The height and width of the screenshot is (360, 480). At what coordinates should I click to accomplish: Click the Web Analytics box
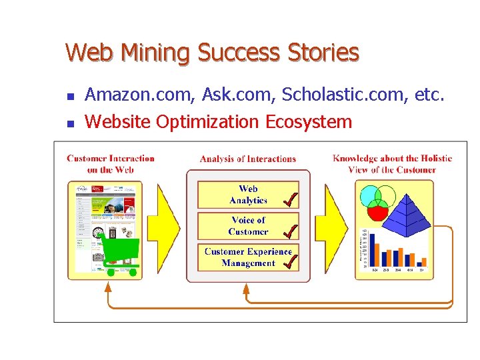[x=248, y=195]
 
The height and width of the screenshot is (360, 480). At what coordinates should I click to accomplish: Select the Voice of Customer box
[x=248, y=226]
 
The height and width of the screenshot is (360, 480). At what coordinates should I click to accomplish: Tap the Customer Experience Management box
[x=248, y=257]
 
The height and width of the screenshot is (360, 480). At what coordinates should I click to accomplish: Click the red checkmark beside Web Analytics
[x=290, y=198]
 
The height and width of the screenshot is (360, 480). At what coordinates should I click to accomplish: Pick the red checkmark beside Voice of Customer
[x=290, y=231]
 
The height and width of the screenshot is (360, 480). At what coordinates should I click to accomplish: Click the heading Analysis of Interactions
[x=247, y=159]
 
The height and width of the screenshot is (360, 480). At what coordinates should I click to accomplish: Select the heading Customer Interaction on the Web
[x=111, y=164]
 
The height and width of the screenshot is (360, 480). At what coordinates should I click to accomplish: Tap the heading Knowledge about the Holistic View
[x=392, y=164]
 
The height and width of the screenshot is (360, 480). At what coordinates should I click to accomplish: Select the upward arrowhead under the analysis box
[x=246, y=289]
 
